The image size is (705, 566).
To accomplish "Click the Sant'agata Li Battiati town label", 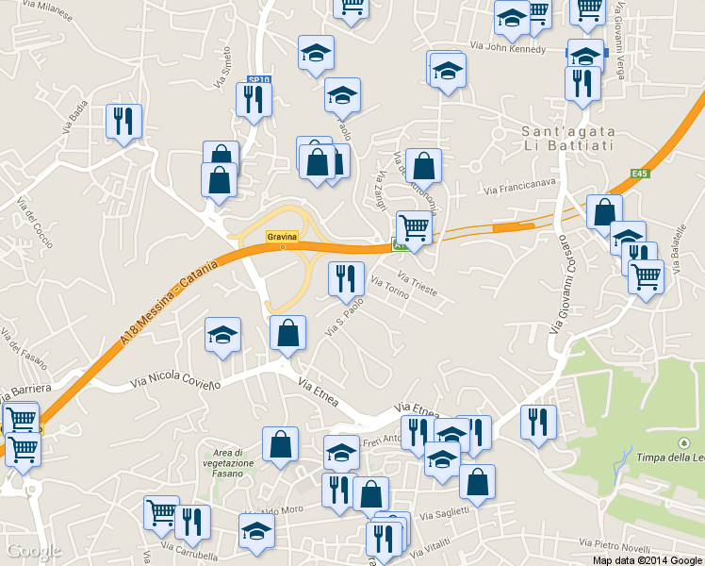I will coord(568,138).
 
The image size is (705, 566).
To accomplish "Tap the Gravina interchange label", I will coord(282,236).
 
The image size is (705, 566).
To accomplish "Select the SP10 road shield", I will coord(258,81).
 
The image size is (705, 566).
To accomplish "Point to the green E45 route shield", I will coord(641,174).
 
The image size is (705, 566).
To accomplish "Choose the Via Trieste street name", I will coord(418,285).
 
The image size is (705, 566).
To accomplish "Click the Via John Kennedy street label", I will coord(507,47).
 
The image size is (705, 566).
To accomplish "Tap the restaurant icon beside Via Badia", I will coord(123,121).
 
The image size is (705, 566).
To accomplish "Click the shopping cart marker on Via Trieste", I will coord(414,227).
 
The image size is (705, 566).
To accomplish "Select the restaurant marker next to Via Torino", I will coord(346,277).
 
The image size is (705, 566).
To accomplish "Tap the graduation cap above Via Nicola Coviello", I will coord(222,334).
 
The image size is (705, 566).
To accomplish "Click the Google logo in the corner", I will coord(34,551).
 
